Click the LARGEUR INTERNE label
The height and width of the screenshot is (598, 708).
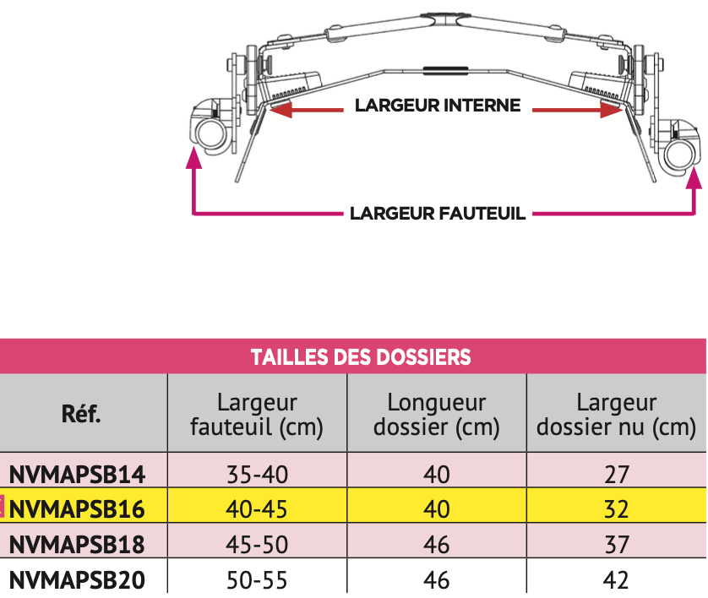pyautogui.click(x=438, y=106)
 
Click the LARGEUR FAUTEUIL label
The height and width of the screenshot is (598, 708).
pyautogui.click(x=438, y=214)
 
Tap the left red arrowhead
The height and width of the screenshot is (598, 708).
pyautogui.click(x=280, y=109)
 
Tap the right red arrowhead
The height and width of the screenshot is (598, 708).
pyautogui.click(x=612, y=109)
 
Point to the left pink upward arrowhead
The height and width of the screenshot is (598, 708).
pyautogui.click(x=193, y=158)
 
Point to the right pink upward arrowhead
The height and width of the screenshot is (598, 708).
pyautogui.click(x=694, y=176)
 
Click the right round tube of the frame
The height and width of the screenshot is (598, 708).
pyautogui.click(x=679, y=155)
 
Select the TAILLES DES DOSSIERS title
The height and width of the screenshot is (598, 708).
pyautogui.click(x=361, y=357)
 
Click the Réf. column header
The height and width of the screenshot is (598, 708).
pyautogui.click(x=81, y=413)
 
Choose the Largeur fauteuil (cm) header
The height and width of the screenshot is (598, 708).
pyautogui.click(x=257, y=415)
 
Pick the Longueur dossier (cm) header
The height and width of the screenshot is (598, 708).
pyautogui.click(x=437, y=415)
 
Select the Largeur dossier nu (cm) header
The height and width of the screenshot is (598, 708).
pyautogui.click(x=617, y=415)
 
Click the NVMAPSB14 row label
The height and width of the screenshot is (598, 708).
pyautogui.click(x=77, y=475)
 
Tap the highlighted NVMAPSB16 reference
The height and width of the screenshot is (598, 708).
pyautogui.click(x=77, y=509)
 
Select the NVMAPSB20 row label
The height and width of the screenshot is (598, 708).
pyautogui.click(x=77, y=580)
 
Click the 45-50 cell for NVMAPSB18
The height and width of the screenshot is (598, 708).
pyautogui.click(x=257, y=544)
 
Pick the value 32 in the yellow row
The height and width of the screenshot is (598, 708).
pyautogui.click(x=617, y=509)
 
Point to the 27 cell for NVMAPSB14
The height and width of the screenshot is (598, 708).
pyautogui.click(x=617, y=475)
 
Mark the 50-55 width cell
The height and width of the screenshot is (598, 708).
pyautogui.click(x=257, y=580)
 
